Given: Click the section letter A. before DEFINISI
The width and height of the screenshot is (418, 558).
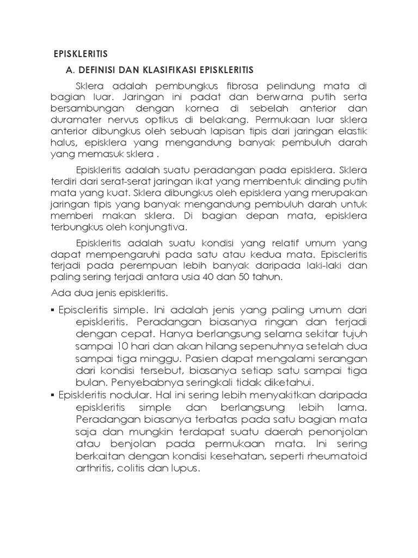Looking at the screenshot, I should click(69, 71).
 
